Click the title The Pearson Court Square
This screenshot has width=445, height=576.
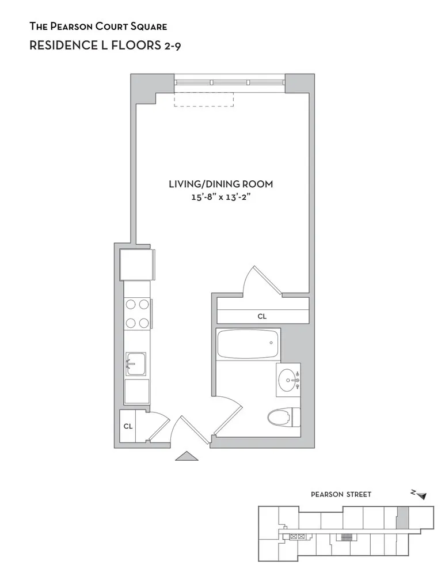[x=98, y=26]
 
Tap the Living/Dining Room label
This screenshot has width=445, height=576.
[x=220, y=184]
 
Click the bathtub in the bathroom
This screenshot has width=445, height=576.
[x=248, y=344]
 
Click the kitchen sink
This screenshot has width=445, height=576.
[x=135, y=364]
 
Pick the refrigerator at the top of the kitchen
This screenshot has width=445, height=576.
[x=136, y=263]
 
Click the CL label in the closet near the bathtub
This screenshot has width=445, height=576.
[x=262, y=316]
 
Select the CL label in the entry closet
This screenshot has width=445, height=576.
[x=128, y=427]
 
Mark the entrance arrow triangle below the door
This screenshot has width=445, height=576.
[x=186, y=456]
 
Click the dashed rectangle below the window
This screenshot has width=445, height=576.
[x=204, y=100]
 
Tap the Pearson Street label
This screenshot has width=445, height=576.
[x=341, y=494]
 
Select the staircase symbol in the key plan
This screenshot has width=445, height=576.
[x=346, y=537]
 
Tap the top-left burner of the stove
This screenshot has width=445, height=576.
[x=130, y=305]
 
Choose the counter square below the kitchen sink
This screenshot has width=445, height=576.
[x=136, y=391]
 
